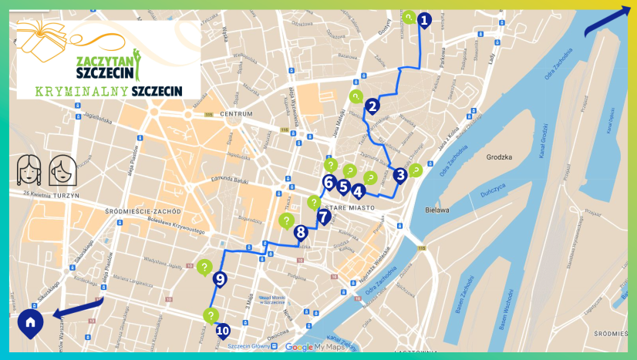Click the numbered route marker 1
423,20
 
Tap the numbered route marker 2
372,106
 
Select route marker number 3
399,175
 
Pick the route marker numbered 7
324,216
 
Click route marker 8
300,231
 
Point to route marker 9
220,279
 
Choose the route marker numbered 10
223,331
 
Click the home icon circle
30,322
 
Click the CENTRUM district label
236,114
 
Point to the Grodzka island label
499,156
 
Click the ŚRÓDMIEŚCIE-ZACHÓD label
147,210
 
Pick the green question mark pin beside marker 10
210,315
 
